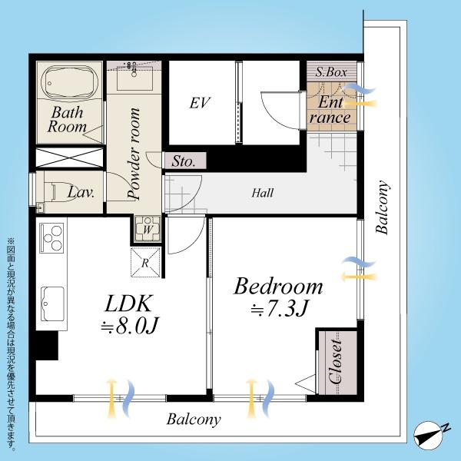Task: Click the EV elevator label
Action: pyautogui.click(x=200, y=103)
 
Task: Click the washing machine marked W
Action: pyautogui.click(x=148, y=229)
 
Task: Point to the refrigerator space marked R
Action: pyautogui.click(x=145, y=263)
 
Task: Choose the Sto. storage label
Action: pyautogui.click(x=184, y=161)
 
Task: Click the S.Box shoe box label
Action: pyautogui.click(x=331, y=72)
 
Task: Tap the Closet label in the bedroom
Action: pyautogui.click(x=336, y=362)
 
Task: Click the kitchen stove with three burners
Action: pyautogui.click(x=52, y=238)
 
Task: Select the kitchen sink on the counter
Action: pyautogui.click(x=52, y=304)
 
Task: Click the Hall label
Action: pyautogui.click(x=262, y=193)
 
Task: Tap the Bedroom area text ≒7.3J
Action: pyautogui.click(x=279, y=308)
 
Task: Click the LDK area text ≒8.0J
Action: pyautogui.click(x=130, y=325)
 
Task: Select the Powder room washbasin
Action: pyautogui.click(x=134, y=78)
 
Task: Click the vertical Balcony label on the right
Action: pyautogui.click(x=382, y=207)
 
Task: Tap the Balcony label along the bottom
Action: pyautogui.click(x=194, y=420)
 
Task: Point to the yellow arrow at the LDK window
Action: pyautogui.click(x=111, y=399)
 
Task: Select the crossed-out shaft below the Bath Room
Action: pyautogui.click(x=69, y=158)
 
